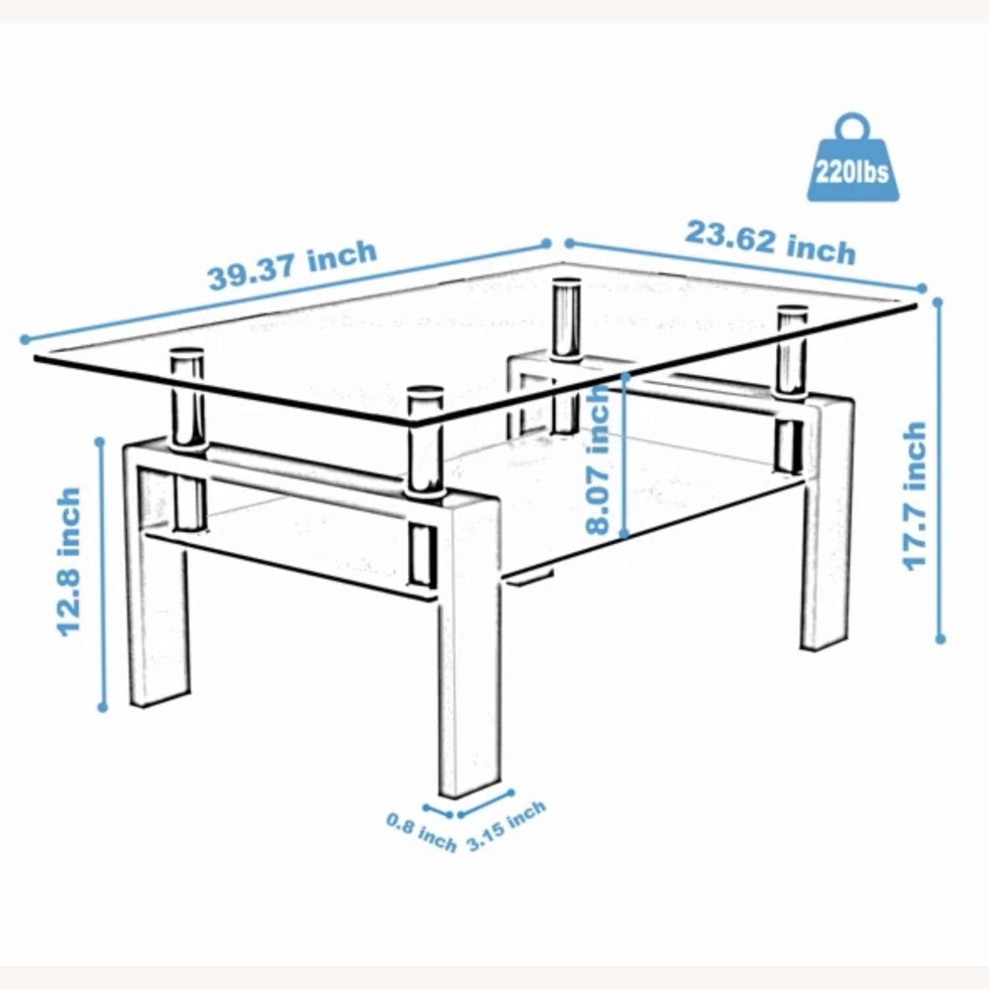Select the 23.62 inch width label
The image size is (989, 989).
click(770, 243)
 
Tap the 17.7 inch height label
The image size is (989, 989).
click(914, 496)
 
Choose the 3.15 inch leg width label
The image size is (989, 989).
click(506, 825)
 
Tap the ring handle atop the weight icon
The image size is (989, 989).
click(853, 127)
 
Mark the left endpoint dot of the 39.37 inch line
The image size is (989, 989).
click(25, 340)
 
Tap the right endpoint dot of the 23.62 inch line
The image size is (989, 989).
click(922, 288)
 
